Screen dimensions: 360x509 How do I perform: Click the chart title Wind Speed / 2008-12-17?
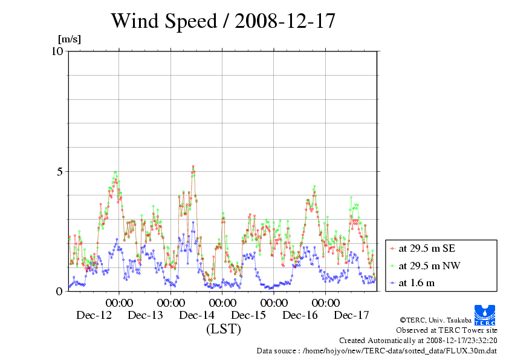(x=222, y=21)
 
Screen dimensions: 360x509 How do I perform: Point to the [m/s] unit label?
(x=70, y=39)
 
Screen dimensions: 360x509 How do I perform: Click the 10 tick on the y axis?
(x=57, y=51)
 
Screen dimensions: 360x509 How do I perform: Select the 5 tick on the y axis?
(x=59, y=171)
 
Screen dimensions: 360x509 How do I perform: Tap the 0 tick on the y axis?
(x=59, y=291)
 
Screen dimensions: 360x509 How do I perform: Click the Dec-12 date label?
(x=94, y=315)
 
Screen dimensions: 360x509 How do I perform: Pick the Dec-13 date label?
(x=145, y=315)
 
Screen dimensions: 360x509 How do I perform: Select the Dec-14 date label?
(x=197, y=315)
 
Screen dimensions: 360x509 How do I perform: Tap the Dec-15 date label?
(x=248, y=315)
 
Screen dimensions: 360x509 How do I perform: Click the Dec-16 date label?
(x=300, y=315)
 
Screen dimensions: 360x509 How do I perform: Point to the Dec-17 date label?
(x=351, y=315)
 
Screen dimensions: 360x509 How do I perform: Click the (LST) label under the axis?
(x=223, y=329)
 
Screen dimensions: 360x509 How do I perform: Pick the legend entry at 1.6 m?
(x=417, y=283)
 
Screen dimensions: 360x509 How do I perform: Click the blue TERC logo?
(x=485, y=315)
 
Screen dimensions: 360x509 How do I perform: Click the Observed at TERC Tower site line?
(x=446, y=330)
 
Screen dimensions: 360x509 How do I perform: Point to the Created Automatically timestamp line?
(x=417, y=341)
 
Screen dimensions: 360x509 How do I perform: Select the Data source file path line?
(x=377, y=351)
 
